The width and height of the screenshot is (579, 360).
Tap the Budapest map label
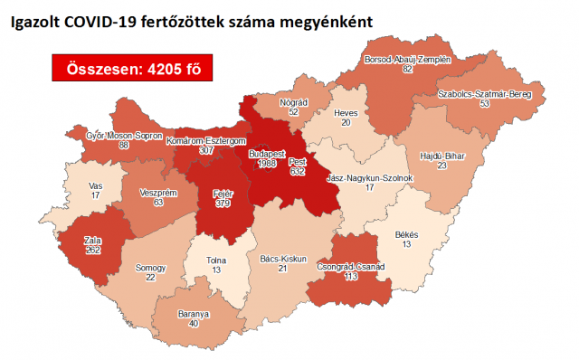(x=270, y=154)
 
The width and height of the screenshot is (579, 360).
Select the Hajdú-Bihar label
(x=442, y=156)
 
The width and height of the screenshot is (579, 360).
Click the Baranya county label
(x=194, y=314)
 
